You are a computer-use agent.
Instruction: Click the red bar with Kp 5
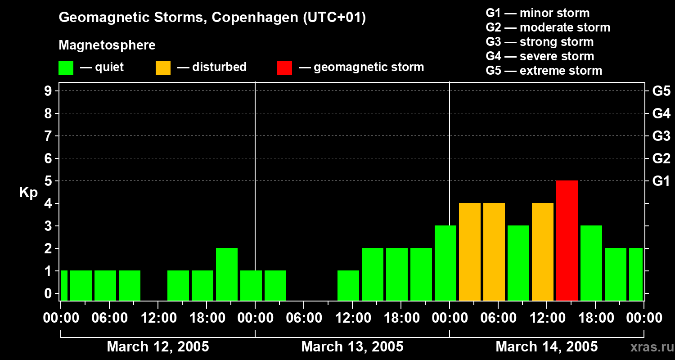click(x=567, y=240)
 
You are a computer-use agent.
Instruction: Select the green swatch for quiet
click(x=66, y=68)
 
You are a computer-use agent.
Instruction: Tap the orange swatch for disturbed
click(x=163, y=68)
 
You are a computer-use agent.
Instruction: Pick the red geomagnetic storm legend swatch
click(x=284, y=68)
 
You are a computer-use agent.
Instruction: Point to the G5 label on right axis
click(x=661, y=91)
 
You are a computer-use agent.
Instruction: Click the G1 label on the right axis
click(x=661, y=181)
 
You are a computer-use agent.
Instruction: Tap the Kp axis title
click(x=28, y=193)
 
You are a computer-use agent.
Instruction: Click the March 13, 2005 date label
click(x=352, y=346)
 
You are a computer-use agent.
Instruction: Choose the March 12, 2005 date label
click(x=157, y=346)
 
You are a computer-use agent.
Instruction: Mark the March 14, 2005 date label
click(x=546, y=346)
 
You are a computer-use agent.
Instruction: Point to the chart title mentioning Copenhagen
click(x=212, y=18)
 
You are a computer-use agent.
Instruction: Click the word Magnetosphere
click(x=107, y=45)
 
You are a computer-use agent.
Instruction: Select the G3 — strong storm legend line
click(x=540, y=42)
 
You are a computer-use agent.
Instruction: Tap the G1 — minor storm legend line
click(x=537, y=13)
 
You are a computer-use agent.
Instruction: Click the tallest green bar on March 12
click(x=227, y=274)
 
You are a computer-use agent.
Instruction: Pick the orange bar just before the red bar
click(x=543, y=252)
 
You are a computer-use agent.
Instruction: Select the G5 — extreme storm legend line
click(x=544, y=71)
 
